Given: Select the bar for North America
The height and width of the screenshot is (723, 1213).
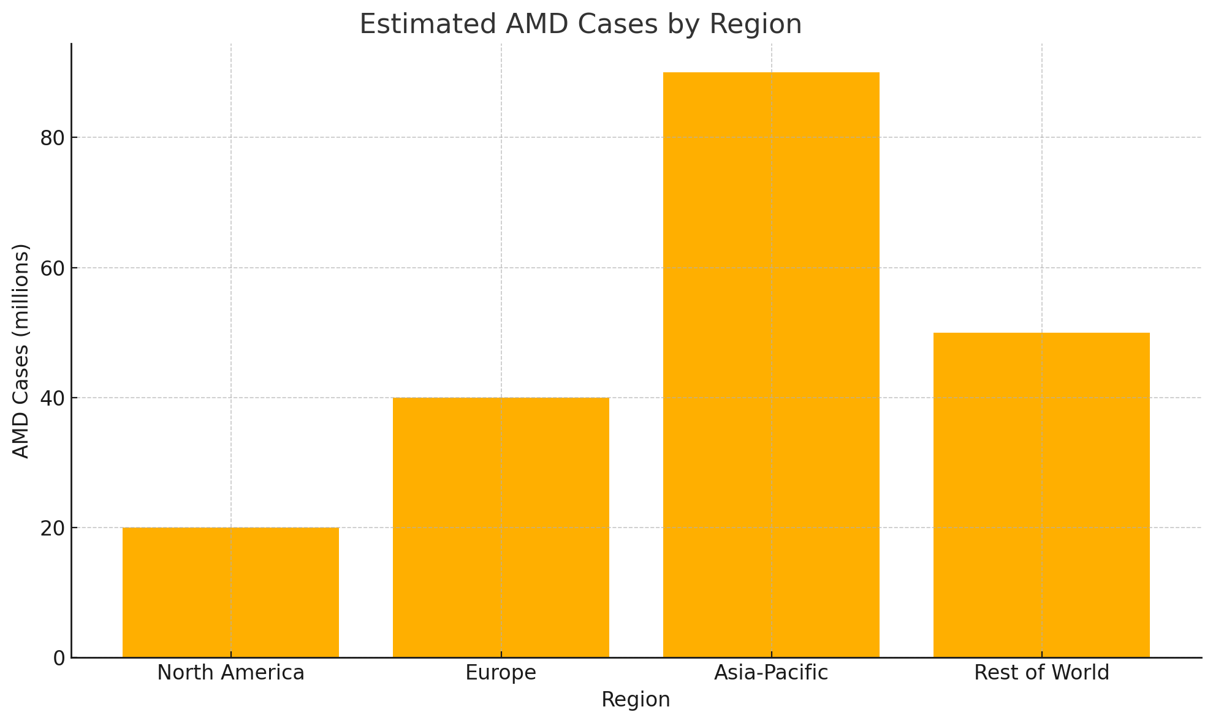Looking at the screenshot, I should point(230,592).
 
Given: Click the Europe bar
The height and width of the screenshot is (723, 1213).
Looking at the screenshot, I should point(501,528).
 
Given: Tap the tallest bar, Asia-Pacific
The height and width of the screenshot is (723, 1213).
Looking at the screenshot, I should point(771,365).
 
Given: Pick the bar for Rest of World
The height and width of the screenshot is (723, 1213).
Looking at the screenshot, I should point(1041,495).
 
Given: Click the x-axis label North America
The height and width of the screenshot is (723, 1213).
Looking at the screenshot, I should point(230,673).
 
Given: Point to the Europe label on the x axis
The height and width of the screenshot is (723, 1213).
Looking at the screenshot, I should point(501,673).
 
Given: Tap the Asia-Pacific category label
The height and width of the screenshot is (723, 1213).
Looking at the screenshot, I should point(771,673).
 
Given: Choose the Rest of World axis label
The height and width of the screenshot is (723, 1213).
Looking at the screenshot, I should point(1041,673).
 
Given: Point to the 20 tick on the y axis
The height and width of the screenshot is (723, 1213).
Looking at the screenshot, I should point(53,528).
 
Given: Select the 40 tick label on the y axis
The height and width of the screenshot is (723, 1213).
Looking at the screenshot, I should point(53,398).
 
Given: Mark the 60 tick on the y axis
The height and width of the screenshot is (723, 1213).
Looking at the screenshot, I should point(53,268).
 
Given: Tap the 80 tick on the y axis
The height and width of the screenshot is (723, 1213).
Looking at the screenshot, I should point(53,138).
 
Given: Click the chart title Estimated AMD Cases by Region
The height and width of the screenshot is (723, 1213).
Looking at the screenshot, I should point(580,25).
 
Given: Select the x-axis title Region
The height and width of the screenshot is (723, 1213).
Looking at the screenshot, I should point(636,700).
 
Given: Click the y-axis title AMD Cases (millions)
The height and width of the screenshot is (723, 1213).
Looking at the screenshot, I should point(21,351).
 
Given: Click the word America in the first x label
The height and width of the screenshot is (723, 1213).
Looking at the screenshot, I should point(267,673).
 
